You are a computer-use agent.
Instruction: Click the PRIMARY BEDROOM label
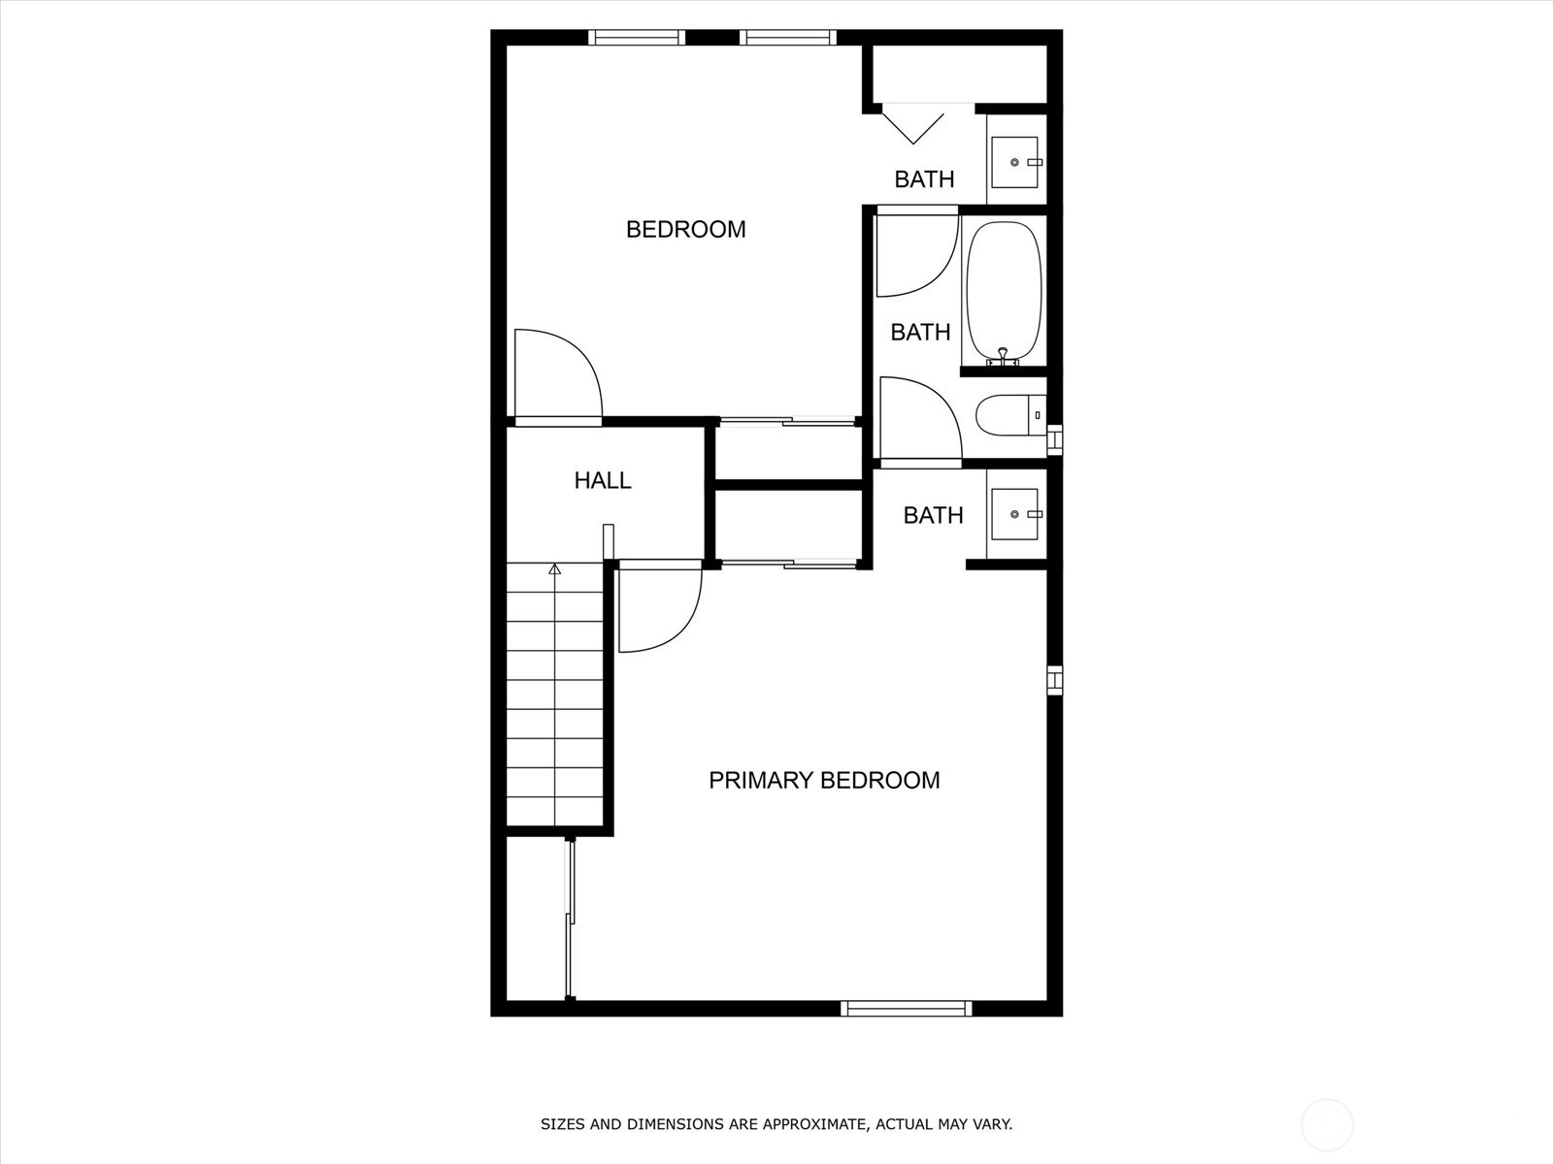(x=824, y=780)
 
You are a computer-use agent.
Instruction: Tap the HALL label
(x=602, y=480)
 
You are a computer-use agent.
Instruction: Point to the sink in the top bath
(x=1014, y=163)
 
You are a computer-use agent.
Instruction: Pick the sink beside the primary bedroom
(x=1014, y=514)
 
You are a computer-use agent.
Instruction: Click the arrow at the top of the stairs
(x=554, y=568)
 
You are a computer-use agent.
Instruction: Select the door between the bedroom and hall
(x=558, y=376)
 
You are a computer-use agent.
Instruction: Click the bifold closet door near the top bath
(x=913, y=124)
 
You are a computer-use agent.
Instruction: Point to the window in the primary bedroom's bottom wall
(x=907, y=1009)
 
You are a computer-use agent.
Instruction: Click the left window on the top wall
(x=637, y=38)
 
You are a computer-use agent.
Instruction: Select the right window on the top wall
(x=788, y=38)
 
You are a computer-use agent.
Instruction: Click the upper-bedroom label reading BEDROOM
(x=685, y=230)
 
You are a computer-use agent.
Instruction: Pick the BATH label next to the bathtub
(x=920, y=332)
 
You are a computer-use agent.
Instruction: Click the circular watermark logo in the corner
(x=1327, y=1124)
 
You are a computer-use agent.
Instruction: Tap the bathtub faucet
(x=1002, y=357)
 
